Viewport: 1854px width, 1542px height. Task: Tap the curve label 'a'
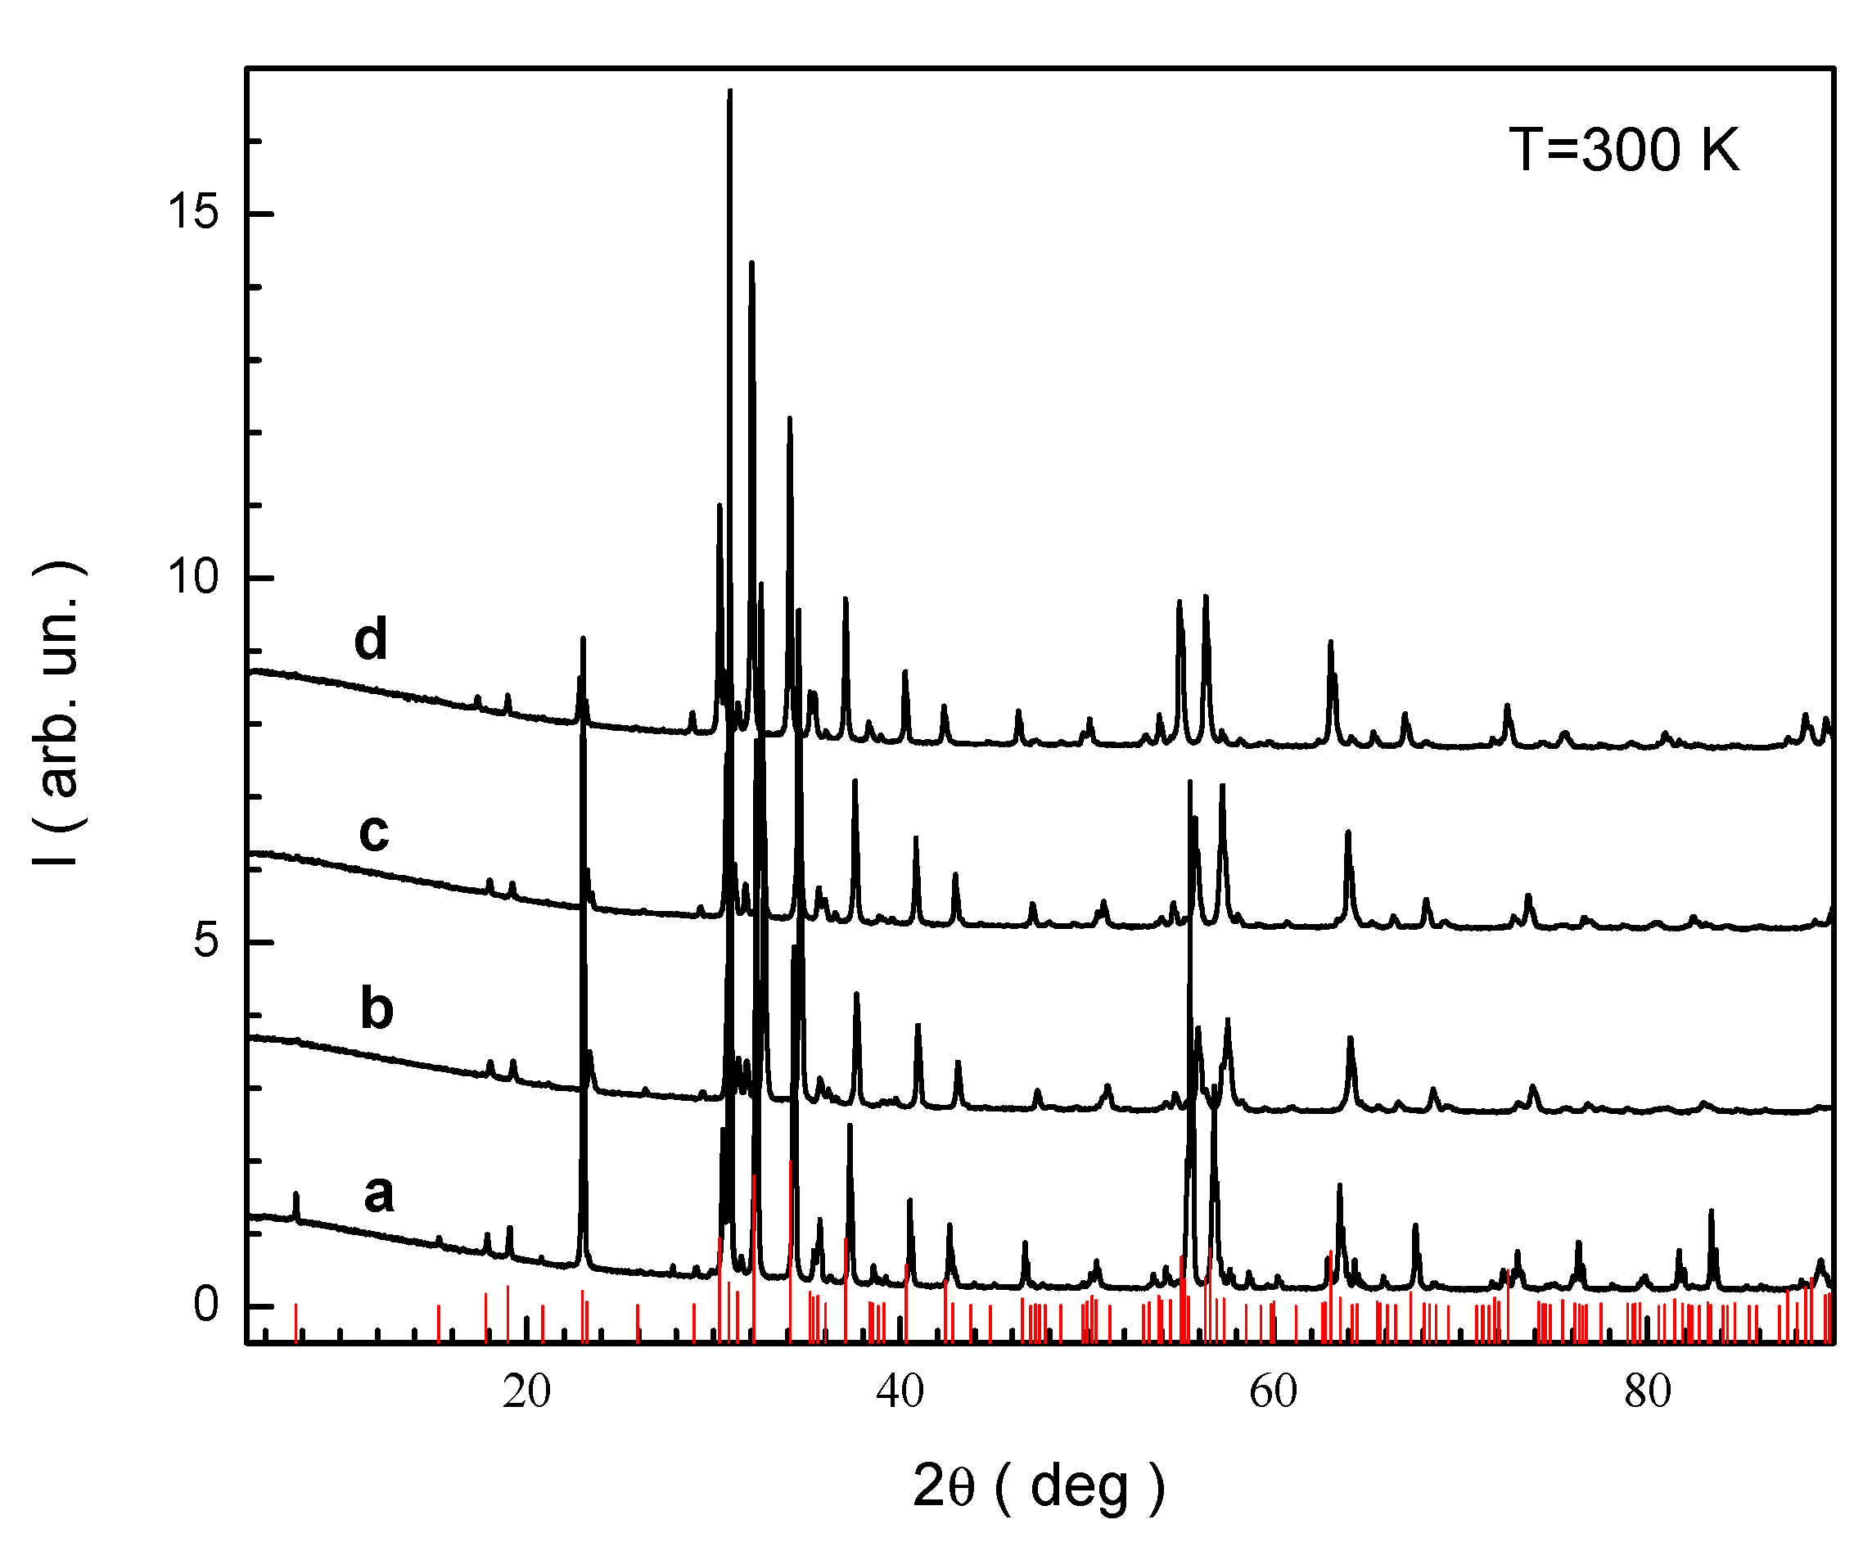click(x=379, y=1194)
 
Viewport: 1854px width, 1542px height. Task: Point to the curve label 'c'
click(x=374, y=832)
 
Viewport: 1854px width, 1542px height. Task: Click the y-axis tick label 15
click(x=192, y=213)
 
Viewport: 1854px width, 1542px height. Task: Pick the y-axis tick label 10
click(x=192, y=578)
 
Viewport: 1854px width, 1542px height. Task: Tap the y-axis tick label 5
click(x=205, y=942)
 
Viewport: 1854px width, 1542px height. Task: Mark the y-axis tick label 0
click(x=205, y=1305)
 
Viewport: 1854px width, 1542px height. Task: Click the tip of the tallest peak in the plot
click(x=729, y=91)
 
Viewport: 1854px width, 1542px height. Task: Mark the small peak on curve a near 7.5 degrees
click(x=295, y=1195)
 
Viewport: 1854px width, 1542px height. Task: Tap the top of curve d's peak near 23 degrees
click(x=583, y=638)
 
